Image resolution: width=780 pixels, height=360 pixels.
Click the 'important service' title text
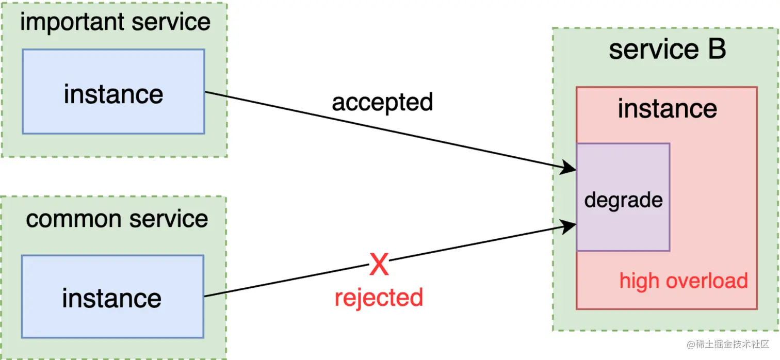[115, 23]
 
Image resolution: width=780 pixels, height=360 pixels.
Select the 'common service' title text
[117, 219]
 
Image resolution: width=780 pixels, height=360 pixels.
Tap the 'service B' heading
[667, 50]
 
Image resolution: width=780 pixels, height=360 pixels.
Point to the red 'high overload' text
[684, 281]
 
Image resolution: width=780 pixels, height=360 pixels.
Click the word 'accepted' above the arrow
[382, 102]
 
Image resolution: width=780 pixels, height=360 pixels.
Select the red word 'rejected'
[379, 298]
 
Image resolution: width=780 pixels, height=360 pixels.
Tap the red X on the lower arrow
[379, 265]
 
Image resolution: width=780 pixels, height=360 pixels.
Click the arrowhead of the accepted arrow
[570, 168]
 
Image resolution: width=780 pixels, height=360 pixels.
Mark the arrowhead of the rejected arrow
[570, 226]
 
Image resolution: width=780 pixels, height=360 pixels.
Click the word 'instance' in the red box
[667, 109]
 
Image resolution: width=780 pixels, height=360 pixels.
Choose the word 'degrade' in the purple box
[623, 200]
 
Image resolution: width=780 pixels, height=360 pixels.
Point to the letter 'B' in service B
[716, 50]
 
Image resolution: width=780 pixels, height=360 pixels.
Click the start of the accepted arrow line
[206, 92]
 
